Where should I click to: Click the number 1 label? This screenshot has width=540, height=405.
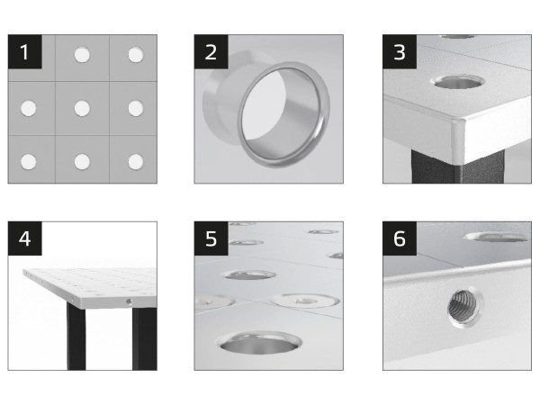pos(25,51)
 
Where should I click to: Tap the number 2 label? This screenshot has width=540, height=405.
pos(211,51)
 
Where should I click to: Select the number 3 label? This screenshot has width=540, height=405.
pos(400,51)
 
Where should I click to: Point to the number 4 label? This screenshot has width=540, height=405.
pos(25,238)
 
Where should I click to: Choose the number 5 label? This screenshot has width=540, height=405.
pos(211,238)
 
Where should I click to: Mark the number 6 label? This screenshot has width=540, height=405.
pos(400,238)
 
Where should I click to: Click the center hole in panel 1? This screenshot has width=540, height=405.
pos(82,108)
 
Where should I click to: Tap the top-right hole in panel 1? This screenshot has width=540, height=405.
pos(136,55)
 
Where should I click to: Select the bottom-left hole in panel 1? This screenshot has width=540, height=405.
pos(29,162)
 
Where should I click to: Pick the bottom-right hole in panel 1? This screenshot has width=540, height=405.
pos(136,162)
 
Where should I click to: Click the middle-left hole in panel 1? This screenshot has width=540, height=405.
pos(29,109)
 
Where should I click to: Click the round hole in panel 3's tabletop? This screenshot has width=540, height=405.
pos(457,82)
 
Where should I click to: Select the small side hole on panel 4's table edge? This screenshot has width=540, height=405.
pos(129,301)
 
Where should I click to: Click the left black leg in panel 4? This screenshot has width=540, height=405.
pos(76,337)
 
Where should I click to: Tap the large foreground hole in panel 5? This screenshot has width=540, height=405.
pos(259,342)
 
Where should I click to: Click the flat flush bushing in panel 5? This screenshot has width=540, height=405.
pos(304,301)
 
